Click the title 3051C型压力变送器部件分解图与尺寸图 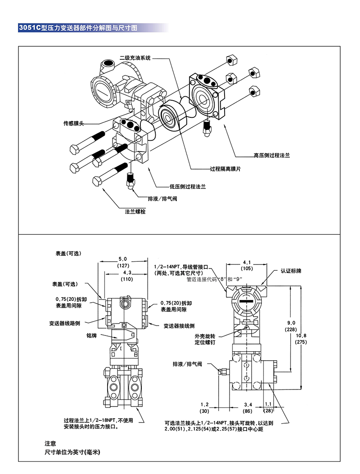pyautogui.click(x=76, y=27)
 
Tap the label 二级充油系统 pyautogui.click(x=135, y=58)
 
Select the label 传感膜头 pyautogui.click(x=74, y=123)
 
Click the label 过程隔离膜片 pyautogui.click(x=226, y=169)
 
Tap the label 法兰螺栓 pyautogui.click(x=135, y=211)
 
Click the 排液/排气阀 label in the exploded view pyautogui.click(x=162, y=198)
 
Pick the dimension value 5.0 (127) pyautogui.click(x=123, y=262)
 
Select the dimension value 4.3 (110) pyautogui.click(x=126, y=276)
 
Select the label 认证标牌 pyautogui.click(x=291, y=271)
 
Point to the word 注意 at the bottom pyautogui.click(x=50, y=443)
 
